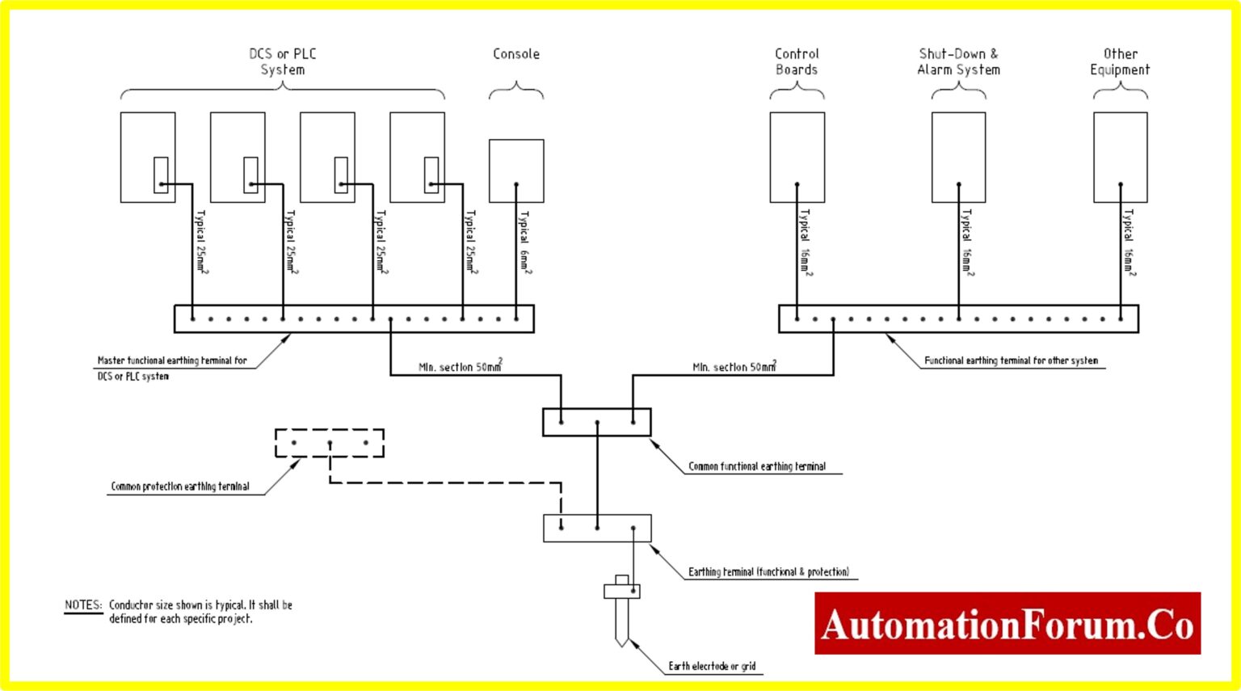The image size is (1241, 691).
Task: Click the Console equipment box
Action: pos(516,170)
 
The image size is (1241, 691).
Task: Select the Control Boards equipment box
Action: pos(797,157)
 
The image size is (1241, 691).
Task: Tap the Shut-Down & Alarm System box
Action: pos(958,157)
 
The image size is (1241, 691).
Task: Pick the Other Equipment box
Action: pos(1120,157)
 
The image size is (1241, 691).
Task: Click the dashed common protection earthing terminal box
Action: pos(330,443)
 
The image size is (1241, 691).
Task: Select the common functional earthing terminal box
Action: pos(596,422)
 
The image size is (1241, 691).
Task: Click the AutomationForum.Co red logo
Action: pos(1007,623)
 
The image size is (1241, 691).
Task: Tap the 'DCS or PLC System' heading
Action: pos(283,61)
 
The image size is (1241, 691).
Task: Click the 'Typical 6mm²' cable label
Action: pos(525,242)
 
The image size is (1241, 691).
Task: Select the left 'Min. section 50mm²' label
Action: pos(460,366)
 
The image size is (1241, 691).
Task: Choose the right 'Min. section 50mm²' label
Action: pos(734,366)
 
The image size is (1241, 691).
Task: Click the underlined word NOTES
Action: pos(83,605)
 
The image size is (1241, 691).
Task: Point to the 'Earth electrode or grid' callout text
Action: pos(712,666)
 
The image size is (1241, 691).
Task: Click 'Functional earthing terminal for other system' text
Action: pos(1011,360)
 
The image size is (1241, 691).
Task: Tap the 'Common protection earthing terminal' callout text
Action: pos(180,487)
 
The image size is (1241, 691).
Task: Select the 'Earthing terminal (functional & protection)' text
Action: pos(768,571)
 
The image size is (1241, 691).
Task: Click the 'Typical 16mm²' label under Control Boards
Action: pos(806,242)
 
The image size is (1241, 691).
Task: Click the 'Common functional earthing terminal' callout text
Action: pos(757,466)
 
